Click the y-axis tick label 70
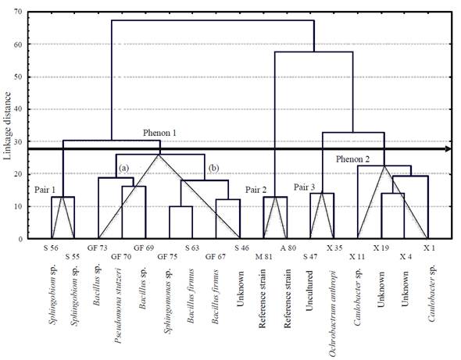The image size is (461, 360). (18, 12)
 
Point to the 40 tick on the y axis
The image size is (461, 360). (18, 109)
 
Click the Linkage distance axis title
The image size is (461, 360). (7, 126)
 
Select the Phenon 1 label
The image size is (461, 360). (159, 133)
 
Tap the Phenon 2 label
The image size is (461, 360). (352, 159)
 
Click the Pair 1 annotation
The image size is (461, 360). (45, 190)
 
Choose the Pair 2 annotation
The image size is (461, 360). (256, 190)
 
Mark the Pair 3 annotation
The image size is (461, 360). (304, 187)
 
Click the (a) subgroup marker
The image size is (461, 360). (123, 168)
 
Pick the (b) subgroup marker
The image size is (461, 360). (213, 168)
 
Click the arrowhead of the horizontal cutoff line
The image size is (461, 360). (448, 148)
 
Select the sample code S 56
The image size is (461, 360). (51, 248)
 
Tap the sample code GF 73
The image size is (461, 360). (98, 248)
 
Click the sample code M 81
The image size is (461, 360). (264, 257)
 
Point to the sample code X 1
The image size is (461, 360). (429, 248)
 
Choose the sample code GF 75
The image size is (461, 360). (167, 257)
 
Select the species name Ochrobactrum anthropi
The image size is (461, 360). (333, 313)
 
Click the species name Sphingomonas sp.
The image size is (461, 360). (168, 301)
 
